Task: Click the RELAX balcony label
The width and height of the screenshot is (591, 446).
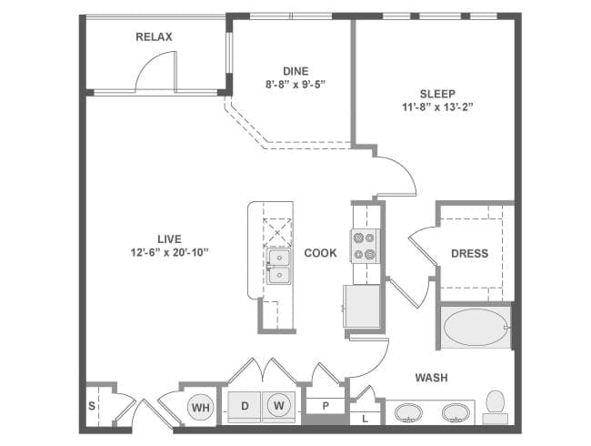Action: [x=154, y=37]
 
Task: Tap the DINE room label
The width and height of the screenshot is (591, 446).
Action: [x=295, y=71]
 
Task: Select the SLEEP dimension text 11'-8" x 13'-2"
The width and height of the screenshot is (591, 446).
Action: [x=437, y=106]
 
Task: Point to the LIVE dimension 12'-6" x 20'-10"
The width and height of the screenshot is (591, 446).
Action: [x=170, y=252]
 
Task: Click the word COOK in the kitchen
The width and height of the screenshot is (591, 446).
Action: [x=320, y=253]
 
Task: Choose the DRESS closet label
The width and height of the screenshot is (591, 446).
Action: [x=470, y=253]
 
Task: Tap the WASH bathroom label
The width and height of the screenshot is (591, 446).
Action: [x=432, y=378]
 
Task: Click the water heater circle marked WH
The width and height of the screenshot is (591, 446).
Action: [x=201, y=407]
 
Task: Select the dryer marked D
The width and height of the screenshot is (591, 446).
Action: [x=245, y=407]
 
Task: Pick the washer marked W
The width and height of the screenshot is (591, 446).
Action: [x=279, y=406]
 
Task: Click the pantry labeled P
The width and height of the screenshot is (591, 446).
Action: [x=326, y=406]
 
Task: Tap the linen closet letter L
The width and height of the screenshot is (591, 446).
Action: [x=365, y=419]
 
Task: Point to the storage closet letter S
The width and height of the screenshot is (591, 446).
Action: [x=92, y=406]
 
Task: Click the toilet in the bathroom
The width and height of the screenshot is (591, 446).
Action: [x=496, y=407]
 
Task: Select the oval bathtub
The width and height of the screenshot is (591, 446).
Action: [x=475, y=327]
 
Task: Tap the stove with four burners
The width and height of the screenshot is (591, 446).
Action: [x=364, y=246]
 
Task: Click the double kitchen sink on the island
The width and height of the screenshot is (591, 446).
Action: [x=279, y=266]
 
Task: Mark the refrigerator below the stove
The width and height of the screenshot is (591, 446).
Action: [x=362, y=306]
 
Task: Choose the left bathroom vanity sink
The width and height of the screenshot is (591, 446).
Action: [x=408, y=413]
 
